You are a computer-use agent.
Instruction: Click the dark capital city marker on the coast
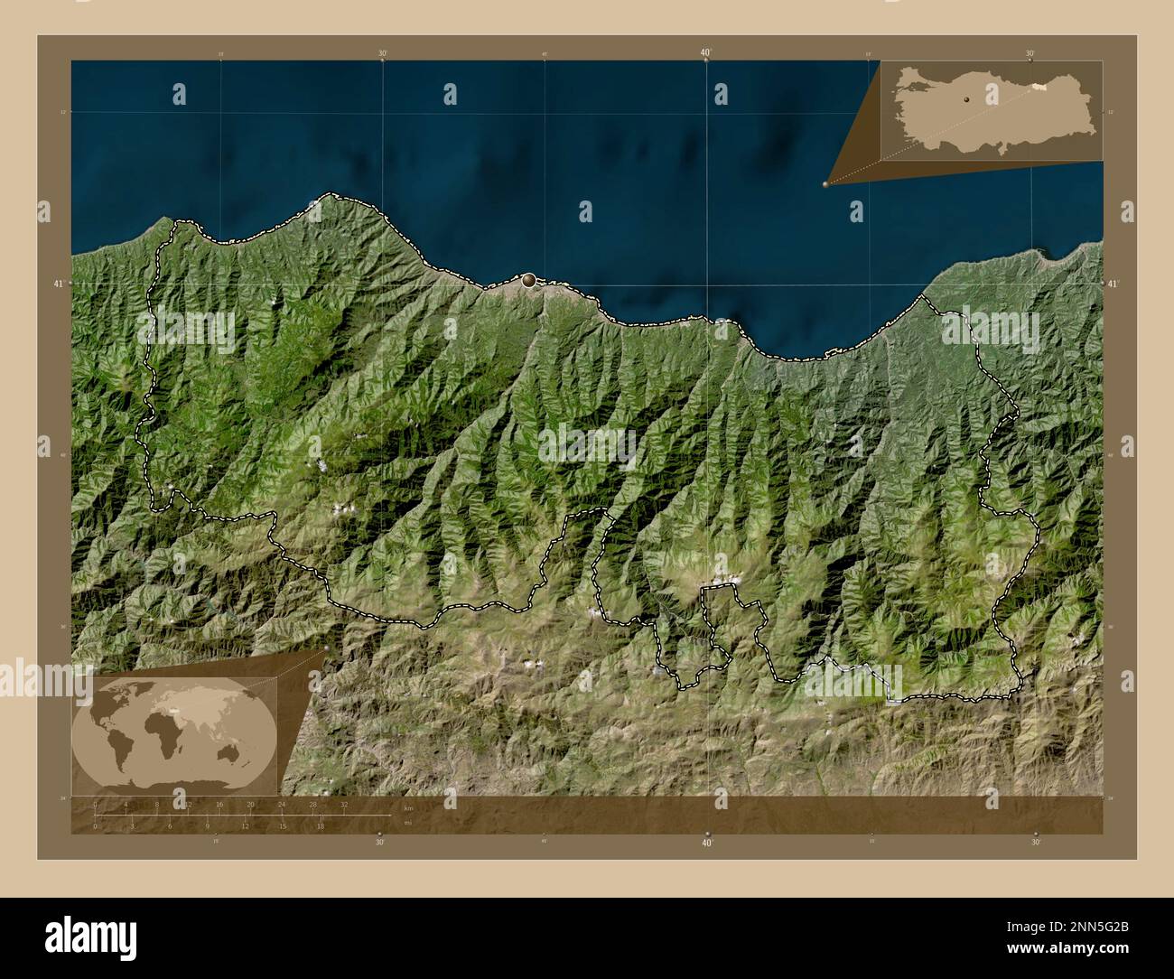point(528,281)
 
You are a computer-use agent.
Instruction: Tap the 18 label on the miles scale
point(320,825)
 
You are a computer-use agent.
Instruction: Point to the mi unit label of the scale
point(407,823)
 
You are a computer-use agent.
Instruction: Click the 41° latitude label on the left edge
point(59,283)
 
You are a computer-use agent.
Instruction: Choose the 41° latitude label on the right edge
point(1113,284)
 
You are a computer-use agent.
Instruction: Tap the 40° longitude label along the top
point(705,53)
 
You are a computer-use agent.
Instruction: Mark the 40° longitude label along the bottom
point(707,843)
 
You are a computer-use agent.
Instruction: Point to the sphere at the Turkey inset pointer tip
point(825,183)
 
